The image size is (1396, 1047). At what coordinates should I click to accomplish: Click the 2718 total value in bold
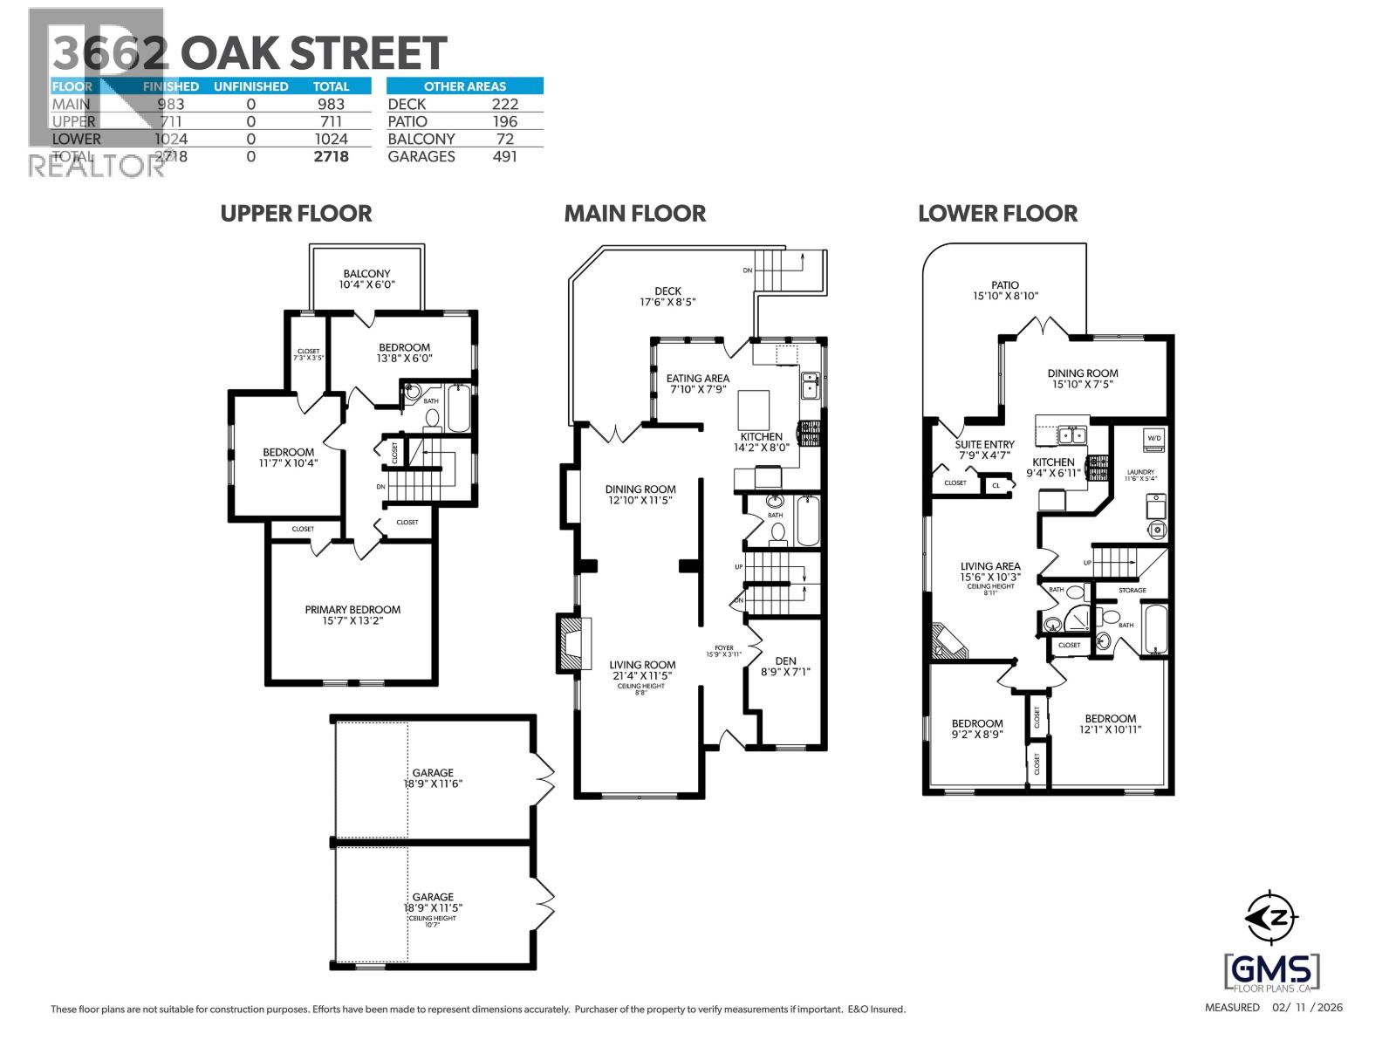(331, 156)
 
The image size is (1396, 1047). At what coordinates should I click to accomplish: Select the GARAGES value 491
(504, 156)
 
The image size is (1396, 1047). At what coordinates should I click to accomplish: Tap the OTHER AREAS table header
(464, 86)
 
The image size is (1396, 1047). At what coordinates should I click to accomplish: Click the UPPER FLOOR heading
(296, 213)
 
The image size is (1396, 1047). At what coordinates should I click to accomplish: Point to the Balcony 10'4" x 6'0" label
(366, 279)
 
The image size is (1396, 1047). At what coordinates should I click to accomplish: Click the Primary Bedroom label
(352, 615)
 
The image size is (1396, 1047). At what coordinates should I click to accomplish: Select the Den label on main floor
(785, 666)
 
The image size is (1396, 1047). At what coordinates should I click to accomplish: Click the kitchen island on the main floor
(755, 407)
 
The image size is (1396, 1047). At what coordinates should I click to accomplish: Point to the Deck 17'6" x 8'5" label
(667, 297)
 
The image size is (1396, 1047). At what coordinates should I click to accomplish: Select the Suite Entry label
(984, 449)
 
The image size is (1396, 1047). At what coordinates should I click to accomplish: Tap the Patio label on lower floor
(1005, 291)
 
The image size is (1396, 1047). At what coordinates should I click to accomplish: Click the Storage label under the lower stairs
(1133, 591)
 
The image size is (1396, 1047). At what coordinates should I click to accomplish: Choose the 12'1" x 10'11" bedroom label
(1110, 724)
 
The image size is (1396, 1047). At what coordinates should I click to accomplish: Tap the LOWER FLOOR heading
(997, 213)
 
